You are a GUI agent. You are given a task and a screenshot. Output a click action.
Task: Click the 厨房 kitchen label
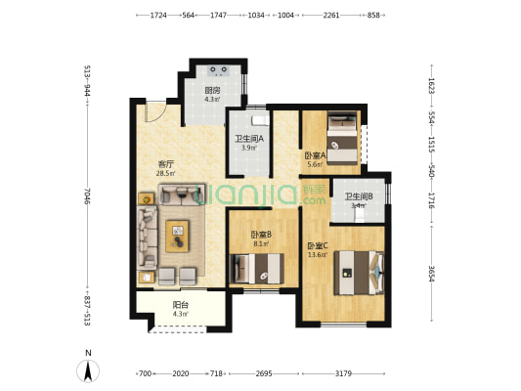(x=211, y=90)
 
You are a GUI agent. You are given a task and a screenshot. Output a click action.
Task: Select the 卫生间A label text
(x=246, y=139)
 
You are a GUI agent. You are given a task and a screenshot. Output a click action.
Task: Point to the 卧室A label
(x=314, y=155)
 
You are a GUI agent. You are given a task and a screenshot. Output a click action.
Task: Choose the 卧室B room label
(x=260, y=235)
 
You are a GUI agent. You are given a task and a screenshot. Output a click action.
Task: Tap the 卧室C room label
(x=317, y=245)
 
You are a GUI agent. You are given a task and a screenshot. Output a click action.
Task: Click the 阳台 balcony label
(x=180, y=304)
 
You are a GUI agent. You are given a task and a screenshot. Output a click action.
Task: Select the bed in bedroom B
(x=257, y=267)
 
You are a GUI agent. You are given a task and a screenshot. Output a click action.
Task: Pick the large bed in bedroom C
(x=356, y=271)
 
